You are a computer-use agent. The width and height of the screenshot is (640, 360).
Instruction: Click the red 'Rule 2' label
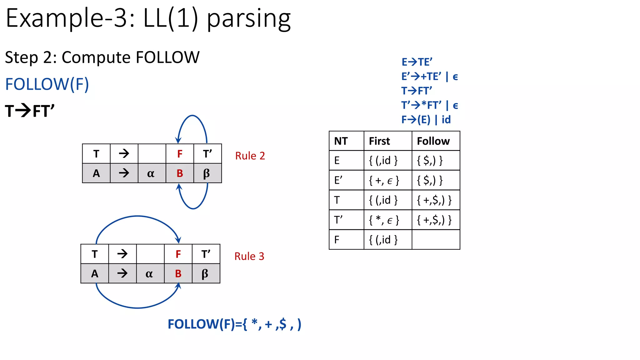coord(250,156)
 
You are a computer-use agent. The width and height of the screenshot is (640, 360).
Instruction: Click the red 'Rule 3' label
coord(249,256)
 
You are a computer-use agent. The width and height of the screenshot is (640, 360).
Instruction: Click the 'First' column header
coord(379,141)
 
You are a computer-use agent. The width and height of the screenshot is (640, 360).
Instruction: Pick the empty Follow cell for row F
coord(435,240)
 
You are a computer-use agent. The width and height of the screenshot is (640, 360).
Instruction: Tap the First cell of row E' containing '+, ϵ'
coord(384,180)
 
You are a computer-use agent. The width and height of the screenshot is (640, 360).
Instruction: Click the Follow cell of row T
coord(434,200)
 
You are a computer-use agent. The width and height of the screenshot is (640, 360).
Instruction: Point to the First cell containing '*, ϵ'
coord(384,220)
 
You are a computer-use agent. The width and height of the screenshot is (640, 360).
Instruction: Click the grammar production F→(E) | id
coord(426,120)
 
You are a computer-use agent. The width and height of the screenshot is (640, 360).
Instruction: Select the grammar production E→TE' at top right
coord(417,62)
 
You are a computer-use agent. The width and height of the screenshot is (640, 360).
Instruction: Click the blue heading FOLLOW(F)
coord(47,84)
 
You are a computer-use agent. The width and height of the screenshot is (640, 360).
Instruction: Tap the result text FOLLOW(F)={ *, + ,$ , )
coord(234,324)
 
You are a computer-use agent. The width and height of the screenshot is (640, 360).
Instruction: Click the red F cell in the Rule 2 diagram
coord(180,154)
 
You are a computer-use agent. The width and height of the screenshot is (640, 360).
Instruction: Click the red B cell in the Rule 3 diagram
coord(178,274)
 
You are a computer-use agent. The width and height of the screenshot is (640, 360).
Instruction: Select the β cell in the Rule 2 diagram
coord(206,173)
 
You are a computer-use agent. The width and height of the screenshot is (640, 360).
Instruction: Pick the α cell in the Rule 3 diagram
coord(149,274)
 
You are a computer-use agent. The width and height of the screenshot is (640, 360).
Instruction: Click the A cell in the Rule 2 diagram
coord(96,173)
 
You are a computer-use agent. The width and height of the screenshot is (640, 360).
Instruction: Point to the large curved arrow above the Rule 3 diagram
coord(137,216)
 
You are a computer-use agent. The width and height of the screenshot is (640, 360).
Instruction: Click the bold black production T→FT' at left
coord(30,111)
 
